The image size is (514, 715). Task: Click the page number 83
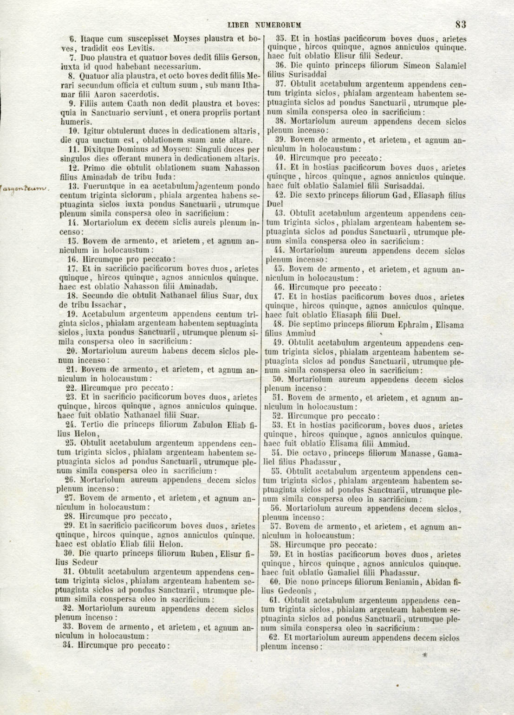click(461, 24)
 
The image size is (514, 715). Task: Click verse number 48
click(280, 324)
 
